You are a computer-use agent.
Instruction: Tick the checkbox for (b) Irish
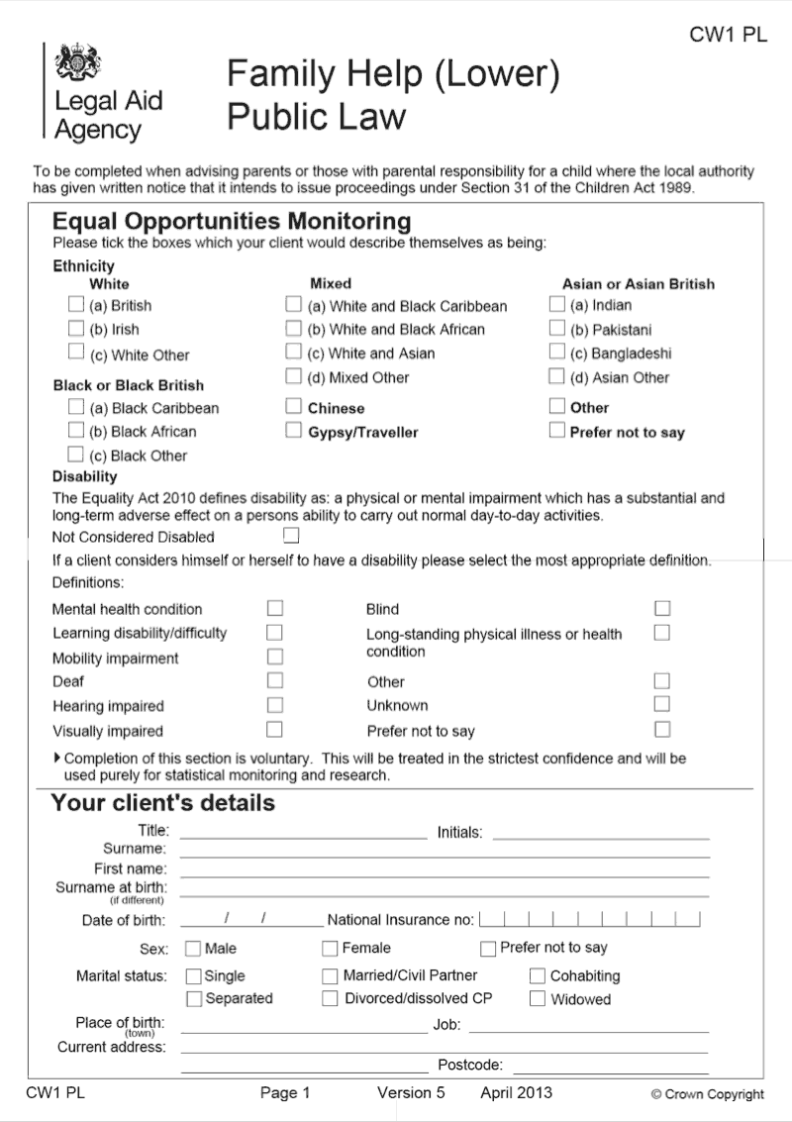click(x=76, y=329)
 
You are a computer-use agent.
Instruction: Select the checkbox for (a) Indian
click(x=557, y=305)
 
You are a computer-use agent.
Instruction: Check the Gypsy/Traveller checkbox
click(x=294, y=431)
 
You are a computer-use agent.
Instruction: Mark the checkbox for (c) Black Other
click(x=76, y=455)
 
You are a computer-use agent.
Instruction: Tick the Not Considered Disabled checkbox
click(x=291, y=536)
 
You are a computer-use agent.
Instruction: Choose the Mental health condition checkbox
click(x=275, y=608)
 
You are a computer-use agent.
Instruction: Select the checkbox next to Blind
click(x=662, y=608)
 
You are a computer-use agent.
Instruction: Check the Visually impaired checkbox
click(x=275, y=730)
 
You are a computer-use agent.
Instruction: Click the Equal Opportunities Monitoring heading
click(x=231, y=220)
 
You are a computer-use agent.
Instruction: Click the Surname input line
click(x=445, y=851)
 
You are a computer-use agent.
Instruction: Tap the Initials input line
click(x=600, y=833)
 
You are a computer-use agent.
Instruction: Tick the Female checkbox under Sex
click(x=331, y=949)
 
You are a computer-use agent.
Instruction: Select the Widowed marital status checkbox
click(x=538, y=999)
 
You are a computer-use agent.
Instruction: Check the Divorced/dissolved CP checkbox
click(x=331, y=999)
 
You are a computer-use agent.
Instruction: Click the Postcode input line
click(x=610, y=1067)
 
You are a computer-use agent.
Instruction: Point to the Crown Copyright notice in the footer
click(x=707, y=1094)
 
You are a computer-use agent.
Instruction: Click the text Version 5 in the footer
click(x=411, y=1093)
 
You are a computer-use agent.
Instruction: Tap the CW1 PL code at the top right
click(x=728, y=36)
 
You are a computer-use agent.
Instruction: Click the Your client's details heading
click(x=163, y=802)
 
